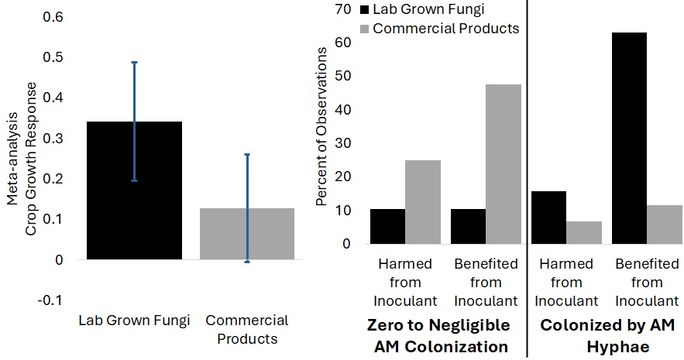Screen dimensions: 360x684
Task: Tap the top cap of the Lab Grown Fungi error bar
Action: [134, 62]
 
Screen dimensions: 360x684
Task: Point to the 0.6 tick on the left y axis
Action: [54, 17]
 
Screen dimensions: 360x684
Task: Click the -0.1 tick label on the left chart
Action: [51, 300]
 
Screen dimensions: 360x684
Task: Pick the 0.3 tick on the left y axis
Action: [54, 138]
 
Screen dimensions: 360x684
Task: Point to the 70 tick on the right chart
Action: [340, 9]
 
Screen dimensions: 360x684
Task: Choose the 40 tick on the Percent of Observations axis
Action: [340, 110]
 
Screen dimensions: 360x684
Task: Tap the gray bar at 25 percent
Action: [423, 202]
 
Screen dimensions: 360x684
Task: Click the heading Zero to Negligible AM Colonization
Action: [438, 334]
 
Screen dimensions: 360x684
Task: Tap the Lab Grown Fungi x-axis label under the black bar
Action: [134, 321]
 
